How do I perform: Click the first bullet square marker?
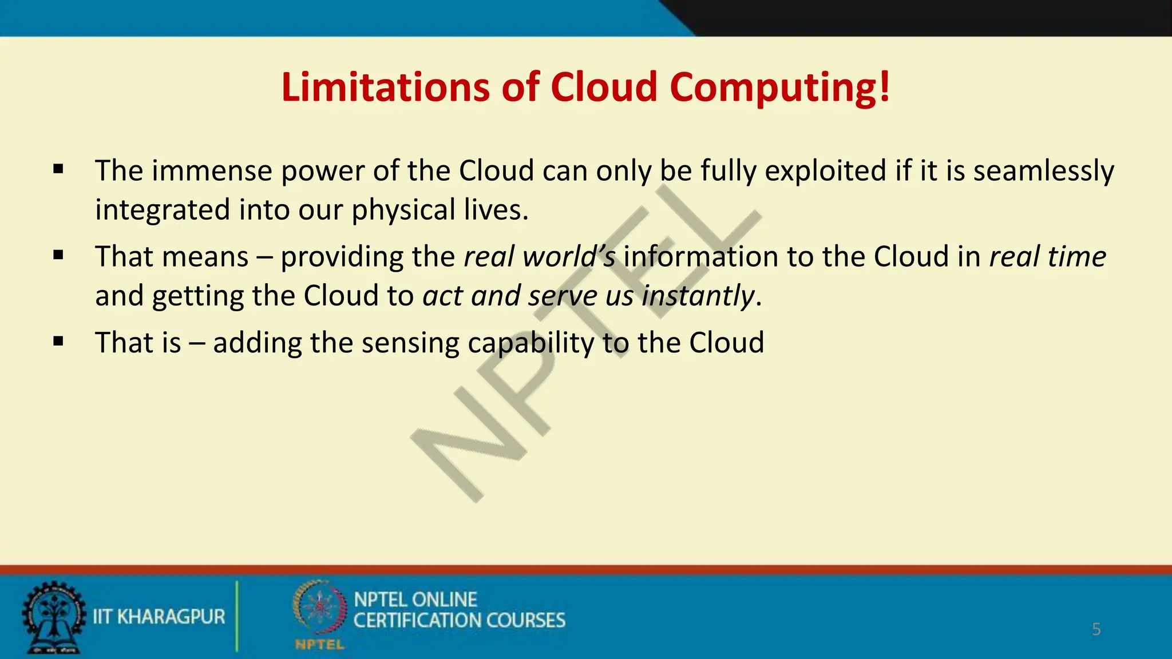(x=58, y=169)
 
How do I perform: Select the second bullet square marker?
(x=58, y=255)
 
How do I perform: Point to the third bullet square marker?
(x=58, y=342)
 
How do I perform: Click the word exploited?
(x=825, y=171)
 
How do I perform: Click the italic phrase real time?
(x=1047, y=256)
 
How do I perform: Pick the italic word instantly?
(x=698, y=296)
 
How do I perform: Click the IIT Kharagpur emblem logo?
(x=53, y=617)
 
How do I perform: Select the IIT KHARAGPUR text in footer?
(x=159, y=617)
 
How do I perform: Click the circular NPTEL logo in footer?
(x=319, y=609)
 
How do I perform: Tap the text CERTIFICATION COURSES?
(x=459, y=621)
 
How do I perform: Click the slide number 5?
(x=1096, y=629)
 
